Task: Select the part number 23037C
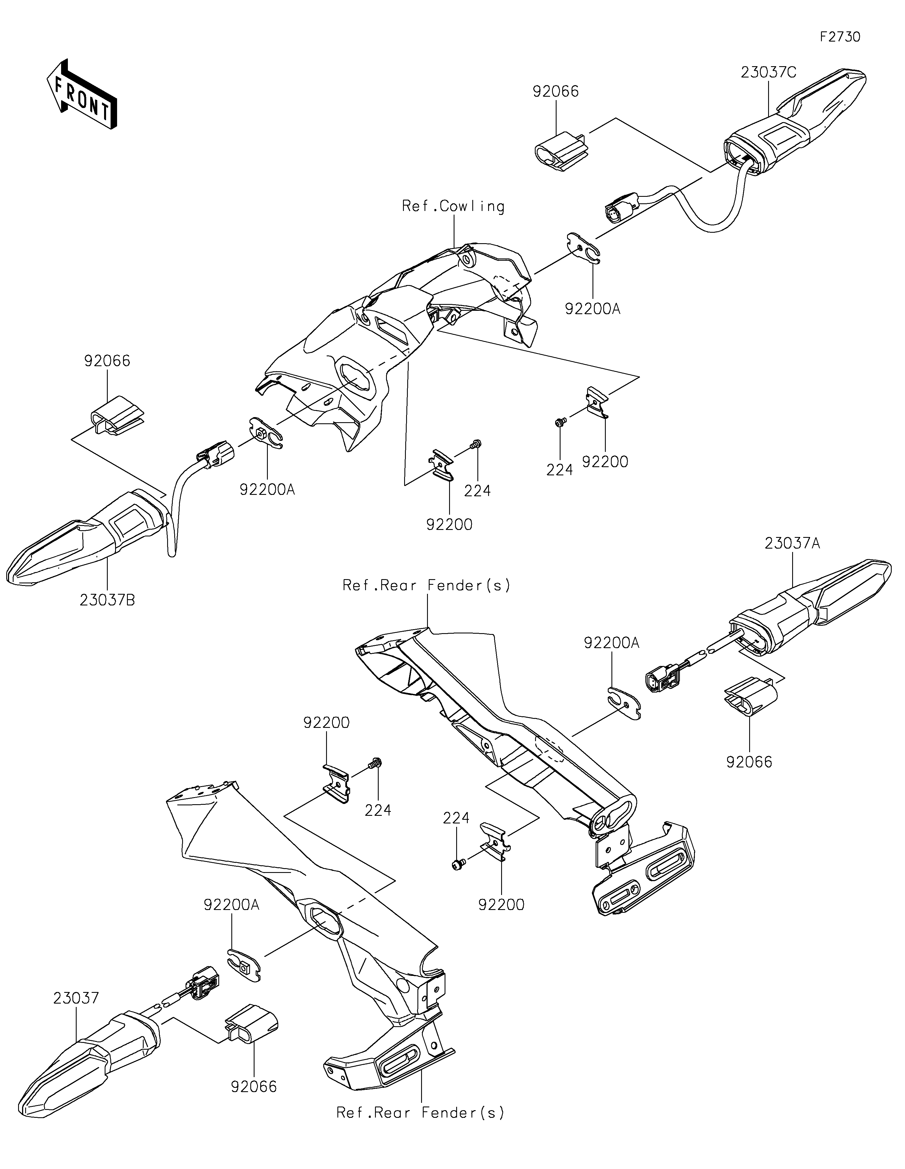pos(768,72)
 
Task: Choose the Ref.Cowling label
pos(453,207)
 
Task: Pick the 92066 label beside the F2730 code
pos(555,92)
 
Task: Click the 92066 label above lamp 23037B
pos(107,361)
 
